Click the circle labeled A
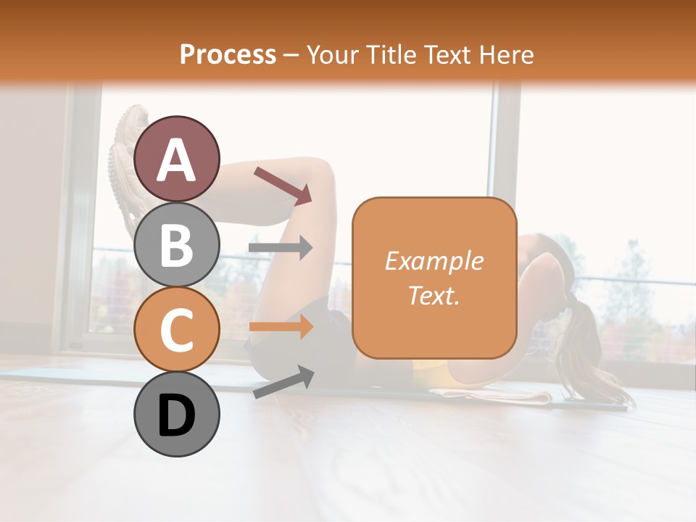[x=177, y=159]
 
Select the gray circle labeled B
[x=177, y=244]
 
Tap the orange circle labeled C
[x=177, y=330]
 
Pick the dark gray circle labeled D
[x=177, y=415]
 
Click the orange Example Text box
[x=434, y=319]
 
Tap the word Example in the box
[x=434, y=261]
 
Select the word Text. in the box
[x=434, y=295]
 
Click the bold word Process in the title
[x=228, y=54]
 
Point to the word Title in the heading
[x=391, y=54]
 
